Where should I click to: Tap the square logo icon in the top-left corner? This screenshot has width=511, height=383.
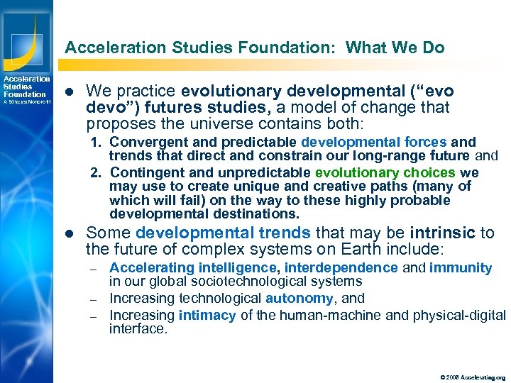(x=26, y=40)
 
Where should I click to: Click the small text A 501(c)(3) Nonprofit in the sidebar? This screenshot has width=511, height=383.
(x=26, y=102)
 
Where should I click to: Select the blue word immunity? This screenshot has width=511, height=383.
(x=461, y=267)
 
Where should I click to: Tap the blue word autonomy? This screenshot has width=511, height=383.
(x=299, y=299)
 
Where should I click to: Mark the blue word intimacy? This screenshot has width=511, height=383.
(x=208, y=314)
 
